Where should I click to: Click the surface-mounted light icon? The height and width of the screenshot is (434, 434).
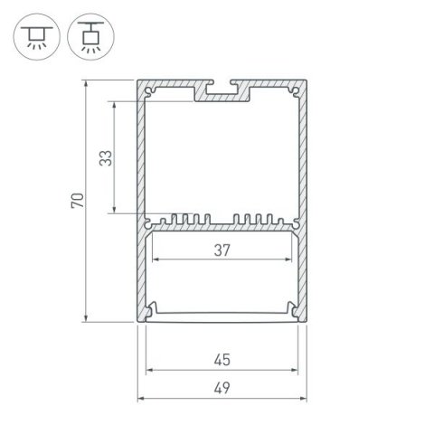(x=33, y=34)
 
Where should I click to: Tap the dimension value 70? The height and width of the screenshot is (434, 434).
(x=77, y=200)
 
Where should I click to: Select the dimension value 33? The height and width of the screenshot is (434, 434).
(x=106, y=158)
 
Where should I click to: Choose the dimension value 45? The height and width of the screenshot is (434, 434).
(x=222, y=359)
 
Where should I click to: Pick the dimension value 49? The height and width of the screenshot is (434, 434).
(x=222, y=388)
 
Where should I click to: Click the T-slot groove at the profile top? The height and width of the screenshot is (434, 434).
(x=222, y=91)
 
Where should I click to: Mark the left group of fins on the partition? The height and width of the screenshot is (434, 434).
(x=184, y=220)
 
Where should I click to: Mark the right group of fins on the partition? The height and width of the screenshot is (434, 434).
(x=259, y=220)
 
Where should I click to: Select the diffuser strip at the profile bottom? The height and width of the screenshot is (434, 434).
(x=222, y=316)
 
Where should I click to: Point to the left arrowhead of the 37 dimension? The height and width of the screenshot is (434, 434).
(x=151, y=259)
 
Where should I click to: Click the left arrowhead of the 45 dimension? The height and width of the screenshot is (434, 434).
(x=147, y=370)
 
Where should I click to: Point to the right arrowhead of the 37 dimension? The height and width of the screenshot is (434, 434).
(x=293, y=259)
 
